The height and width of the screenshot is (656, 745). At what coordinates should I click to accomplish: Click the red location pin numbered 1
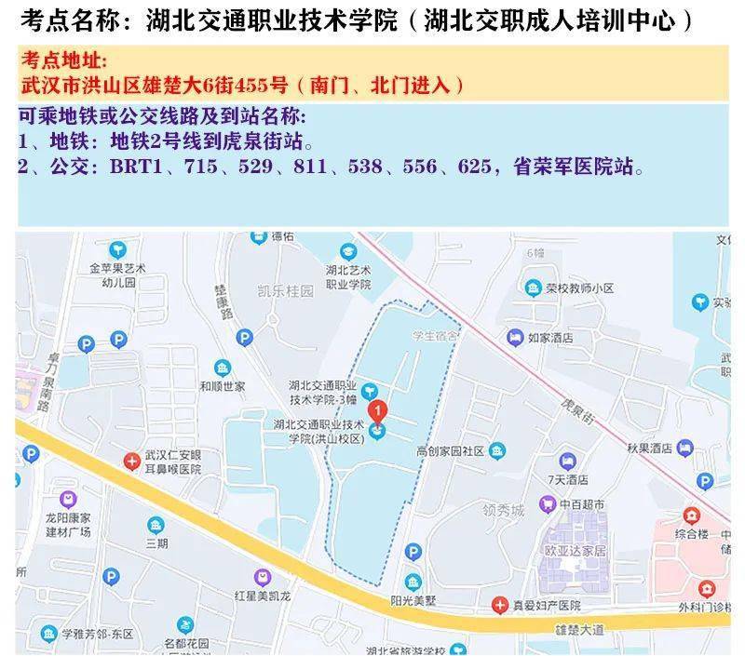click(377, 410)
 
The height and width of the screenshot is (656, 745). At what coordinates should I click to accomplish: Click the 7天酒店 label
click(569, 479)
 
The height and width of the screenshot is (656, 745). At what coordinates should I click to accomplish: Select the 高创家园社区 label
click(450, 451)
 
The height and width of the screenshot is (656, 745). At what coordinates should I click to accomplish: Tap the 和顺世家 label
click(223, 386)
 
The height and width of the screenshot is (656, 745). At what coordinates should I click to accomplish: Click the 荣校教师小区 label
click(579, 288)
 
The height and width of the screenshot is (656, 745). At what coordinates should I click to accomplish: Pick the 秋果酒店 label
click(649, 448)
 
